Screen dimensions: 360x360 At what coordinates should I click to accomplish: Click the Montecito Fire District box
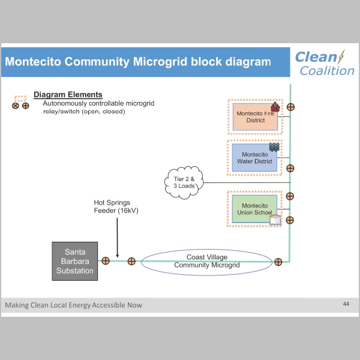(x=254, y=116)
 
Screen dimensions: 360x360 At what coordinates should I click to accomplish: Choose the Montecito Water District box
(x=255, y=158)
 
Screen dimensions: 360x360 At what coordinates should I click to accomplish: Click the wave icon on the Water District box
(x=275, y=147)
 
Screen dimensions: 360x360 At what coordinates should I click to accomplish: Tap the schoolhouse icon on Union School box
(x=275, y=219)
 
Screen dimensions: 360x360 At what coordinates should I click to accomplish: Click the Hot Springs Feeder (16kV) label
(x=116, y=207)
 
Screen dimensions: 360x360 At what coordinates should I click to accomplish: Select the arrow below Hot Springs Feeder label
(x=116, y=237)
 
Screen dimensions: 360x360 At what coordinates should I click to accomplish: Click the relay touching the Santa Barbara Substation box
(x=105, y=261)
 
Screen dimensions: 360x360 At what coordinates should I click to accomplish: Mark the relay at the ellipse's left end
(x=131, y=261)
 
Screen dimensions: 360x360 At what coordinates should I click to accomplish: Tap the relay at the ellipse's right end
(x=278, y=261)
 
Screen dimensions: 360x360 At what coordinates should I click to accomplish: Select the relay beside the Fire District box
(x=290, y=107)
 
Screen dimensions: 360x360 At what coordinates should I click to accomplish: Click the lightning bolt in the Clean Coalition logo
(x=341, y=57)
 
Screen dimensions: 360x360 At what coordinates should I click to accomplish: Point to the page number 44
(x=346, y=304)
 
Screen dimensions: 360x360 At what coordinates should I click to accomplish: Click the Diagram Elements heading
(x=68, y=95)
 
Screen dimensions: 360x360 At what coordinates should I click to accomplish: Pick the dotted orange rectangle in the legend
(x=21, y=97)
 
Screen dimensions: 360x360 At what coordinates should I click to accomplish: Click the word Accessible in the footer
(x=100, y=305)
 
